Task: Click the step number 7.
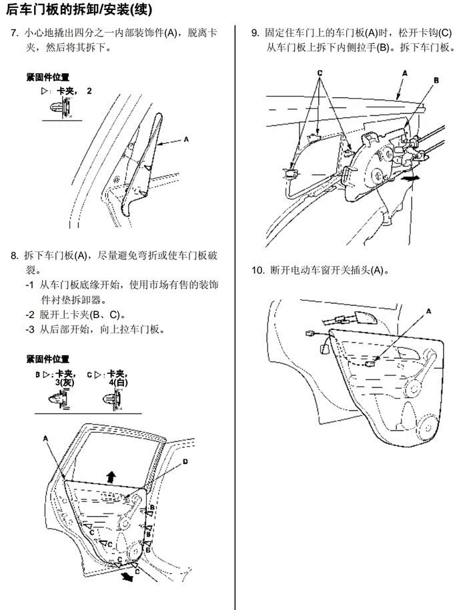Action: coord(14,33)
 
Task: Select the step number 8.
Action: coord(14,255)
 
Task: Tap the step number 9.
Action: coord(255,33)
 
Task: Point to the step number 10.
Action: coord(258,271)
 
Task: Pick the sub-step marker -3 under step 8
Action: coord(30,329)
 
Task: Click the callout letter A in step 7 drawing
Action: coord(186,139)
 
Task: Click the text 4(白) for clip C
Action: coord(118,383)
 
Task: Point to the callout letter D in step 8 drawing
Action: coord(185,461)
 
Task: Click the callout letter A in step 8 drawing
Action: coord(46,438)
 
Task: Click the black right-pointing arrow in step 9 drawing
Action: coord(413,179)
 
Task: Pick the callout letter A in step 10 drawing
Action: coord(429,311)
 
